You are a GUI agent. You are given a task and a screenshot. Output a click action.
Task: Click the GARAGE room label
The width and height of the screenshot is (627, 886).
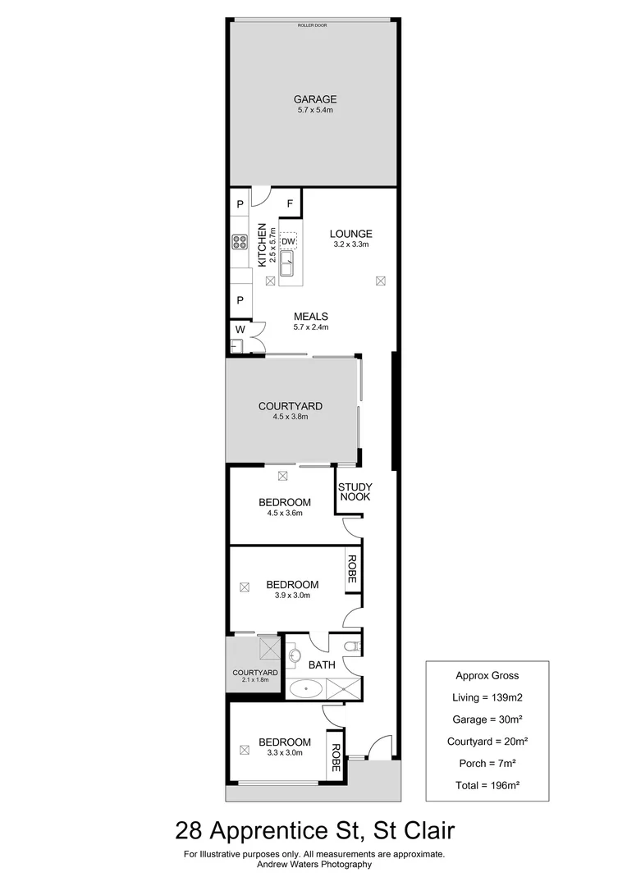pos(316,99)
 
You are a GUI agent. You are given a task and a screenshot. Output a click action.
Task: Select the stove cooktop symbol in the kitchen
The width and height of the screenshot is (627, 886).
pos(240,242)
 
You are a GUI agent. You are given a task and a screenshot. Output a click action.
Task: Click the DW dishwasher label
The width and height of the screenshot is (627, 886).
pos(288,242)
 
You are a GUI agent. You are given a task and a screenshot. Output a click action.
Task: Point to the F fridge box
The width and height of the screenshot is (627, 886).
pos(291,203)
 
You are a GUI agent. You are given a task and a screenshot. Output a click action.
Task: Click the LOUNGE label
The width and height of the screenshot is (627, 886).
pos(351,233)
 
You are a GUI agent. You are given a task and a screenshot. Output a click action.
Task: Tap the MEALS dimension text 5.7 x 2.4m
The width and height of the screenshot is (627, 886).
pos(311,327)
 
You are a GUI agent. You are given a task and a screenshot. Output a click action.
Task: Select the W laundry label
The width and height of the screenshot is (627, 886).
pos(240,330)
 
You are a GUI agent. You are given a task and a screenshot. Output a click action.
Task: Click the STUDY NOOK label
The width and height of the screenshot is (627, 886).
pos(355,492)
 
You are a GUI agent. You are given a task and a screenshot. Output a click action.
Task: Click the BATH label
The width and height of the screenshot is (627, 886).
pos(322,664)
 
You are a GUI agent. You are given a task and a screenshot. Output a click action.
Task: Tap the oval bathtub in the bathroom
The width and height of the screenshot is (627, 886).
pos(308,689)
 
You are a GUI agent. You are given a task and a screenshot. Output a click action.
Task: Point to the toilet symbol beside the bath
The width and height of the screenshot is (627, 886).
pos(351,647)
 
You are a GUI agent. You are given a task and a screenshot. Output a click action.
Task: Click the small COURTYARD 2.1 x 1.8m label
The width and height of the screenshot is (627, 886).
pos(255,676)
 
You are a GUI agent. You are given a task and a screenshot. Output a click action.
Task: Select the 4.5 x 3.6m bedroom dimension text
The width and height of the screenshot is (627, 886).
pos(285,514)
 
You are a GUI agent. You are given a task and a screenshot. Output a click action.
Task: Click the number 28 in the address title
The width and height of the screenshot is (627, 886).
pos(190,832)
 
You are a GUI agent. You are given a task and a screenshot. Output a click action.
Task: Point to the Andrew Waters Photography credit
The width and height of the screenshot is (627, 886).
pos(313,864)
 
